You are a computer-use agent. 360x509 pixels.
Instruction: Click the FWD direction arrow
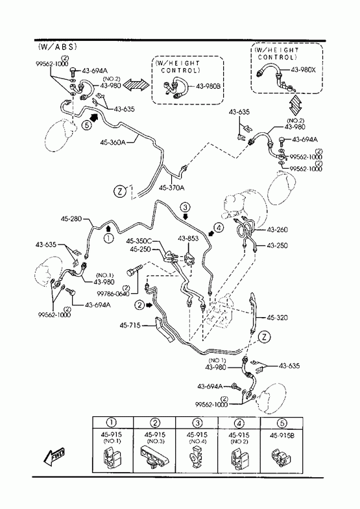(x=54, y=456)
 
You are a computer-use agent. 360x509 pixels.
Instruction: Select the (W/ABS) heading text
(x=58, y=47)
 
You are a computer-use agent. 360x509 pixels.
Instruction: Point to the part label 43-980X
(x=303, y=69)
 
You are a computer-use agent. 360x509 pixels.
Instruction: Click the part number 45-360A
(x=113, y=142)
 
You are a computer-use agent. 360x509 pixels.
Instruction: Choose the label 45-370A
(x=172, y=187)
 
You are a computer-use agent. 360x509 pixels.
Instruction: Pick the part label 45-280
(x=71, y=219)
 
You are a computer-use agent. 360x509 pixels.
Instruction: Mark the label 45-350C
(x=139, y=241)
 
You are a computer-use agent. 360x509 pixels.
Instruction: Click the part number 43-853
(x=188, y=239)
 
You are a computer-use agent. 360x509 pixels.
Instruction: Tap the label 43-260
(x=277, y=230)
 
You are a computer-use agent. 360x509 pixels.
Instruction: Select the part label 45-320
(x=277, y=318)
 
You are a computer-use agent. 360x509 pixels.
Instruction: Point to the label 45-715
(x=130, y=325)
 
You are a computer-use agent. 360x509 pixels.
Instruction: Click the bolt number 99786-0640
(x=114, y=294)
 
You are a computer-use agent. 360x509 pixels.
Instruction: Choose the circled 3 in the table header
(x=197, y=423)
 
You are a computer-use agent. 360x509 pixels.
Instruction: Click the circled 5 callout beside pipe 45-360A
(x=86, y=124)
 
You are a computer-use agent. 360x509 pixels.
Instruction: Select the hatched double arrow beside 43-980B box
(x=137, y=85)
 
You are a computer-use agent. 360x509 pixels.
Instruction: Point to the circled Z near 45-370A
(x=119, y=191)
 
